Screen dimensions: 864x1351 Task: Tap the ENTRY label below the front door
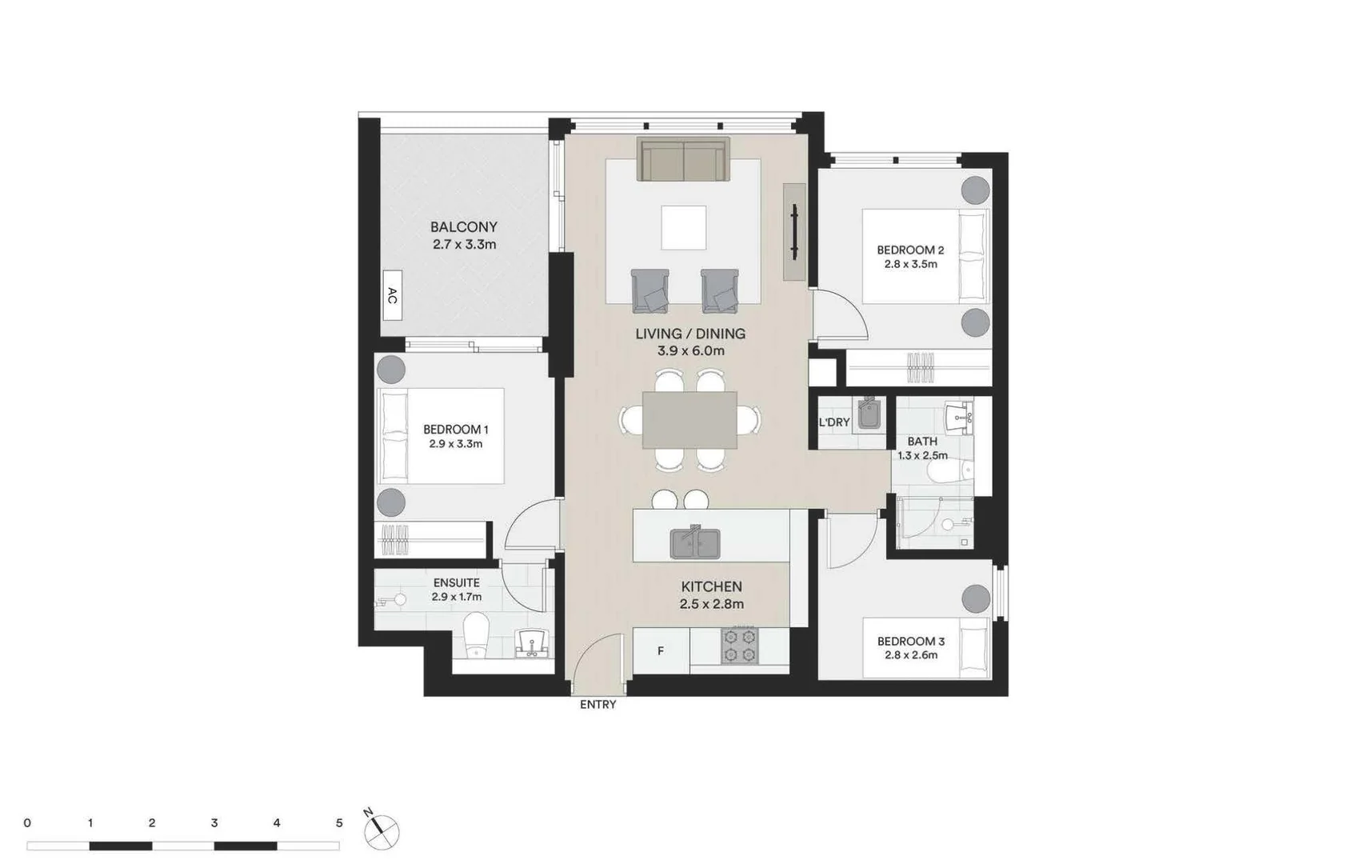(598, 705)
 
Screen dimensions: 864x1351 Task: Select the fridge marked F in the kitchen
(661, 651)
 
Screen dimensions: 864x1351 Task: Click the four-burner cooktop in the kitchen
(739, 646)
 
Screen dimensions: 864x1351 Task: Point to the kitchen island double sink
(694, 543)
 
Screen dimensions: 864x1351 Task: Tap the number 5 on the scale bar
(339, 823)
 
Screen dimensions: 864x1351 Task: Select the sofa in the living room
(683, 159)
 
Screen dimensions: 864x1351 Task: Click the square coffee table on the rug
(683, 228)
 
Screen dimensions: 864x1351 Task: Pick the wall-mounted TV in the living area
(795, 232)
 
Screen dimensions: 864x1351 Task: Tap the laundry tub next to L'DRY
(869, 414)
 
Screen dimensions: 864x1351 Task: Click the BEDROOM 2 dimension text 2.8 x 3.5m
(910, 264)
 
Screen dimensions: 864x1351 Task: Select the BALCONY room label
(464, 227)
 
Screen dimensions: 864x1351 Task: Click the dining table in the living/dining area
(689, 419)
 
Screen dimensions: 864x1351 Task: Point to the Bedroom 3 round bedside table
(975, 598)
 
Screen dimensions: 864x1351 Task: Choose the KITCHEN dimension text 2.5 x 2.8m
(711, 605)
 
